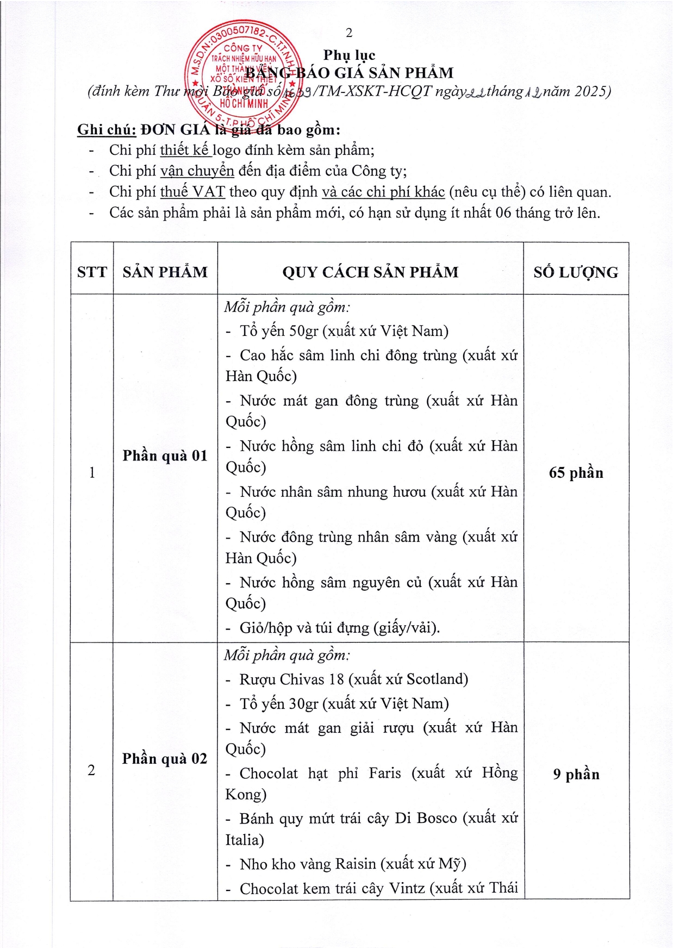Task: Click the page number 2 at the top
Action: [349, 33]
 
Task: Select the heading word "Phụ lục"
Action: [349, 55]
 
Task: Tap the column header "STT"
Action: [92, 272]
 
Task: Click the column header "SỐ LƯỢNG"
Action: [576, 272]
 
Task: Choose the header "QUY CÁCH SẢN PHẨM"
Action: [370, 272]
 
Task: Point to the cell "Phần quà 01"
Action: [165, 456]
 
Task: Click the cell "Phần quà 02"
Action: [165, 758]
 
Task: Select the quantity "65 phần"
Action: [576, 472]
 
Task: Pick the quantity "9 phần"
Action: [576, 774]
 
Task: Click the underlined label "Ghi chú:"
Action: [107, 130]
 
